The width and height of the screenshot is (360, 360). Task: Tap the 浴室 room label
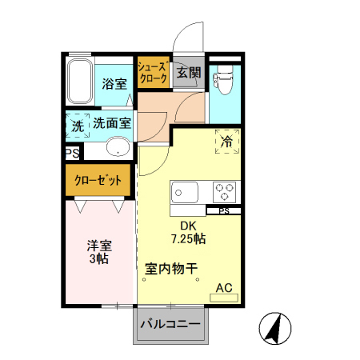(114, 84)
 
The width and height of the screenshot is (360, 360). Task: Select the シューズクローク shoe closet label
(152, 73)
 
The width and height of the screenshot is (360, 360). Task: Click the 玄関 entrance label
(188, 73)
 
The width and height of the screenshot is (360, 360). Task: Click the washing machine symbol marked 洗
(78, 126)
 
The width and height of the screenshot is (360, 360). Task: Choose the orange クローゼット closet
(98, 182)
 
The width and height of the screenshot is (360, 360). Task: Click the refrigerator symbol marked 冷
(227, 142)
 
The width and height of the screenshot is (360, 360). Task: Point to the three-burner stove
(224, 193)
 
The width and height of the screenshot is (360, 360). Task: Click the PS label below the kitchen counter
(224, 211)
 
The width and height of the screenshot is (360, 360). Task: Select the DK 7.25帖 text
(189, 232)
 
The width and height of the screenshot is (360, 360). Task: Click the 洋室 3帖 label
(98, 253)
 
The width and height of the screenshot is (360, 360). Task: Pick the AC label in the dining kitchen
(224, 288)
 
